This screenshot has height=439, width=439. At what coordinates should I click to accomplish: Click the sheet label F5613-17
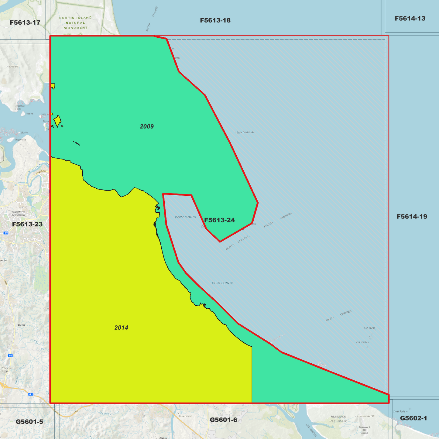point(25,22)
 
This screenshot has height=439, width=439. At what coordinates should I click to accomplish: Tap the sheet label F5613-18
point(215,20)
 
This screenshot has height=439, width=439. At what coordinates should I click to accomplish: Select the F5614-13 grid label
point(410,19)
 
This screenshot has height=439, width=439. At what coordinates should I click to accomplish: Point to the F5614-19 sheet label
point(412,217)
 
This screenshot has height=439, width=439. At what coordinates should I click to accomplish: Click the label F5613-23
point(27,224)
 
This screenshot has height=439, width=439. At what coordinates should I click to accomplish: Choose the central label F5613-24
point(219,220)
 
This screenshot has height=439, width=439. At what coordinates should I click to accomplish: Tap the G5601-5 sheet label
point(29,422)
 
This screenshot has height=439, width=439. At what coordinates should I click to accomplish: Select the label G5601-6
point(223,420)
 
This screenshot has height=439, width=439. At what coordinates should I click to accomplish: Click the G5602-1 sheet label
point(413,418)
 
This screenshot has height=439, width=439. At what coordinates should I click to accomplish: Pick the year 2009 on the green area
point(147,126)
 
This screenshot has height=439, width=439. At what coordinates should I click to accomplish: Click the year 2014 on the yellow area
point(121,328)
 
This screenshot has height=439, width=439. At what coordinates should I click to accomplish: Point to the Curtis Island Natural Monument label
point(75,23)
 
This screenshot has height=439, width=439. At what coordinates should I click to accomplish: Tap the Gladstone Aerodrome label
point(19,213)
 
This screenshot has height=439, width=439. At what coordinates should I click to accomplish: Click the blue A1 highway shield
point(31,394)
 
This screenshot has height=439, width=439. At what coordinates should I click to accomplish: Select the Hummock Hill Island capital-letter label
point(338,419)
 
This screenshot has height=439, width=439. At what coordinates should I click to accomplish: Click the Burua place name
point(22,325)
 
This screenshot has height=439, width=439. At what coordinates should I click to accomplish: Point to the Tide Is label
point(29,114)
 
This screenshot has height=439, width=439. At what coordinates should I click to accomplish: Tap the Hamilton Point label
point(20,107)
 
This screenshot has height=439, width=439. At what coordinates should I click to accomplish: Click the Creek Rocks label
point(399,411)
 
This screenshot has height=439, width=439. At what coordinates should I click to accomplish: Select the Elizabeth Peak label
point(7,369)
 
